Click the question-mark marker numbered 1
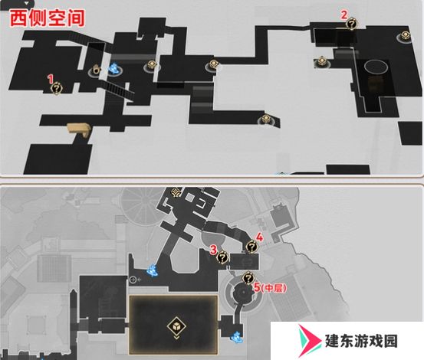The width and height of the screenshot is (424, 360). [x=57, y=88]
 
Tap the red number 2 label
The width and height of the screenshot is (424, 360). [x=343, y=15]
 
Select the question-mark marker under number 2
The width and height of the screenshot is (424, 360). [x=351, y=24]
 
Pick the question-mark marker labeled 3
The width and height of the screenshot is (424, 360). [x=223, y=257]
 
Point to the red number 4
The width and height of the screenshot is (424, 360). [x=259, y=237]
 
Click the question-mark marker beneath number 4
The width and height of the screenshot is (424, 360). [x=251, y=247]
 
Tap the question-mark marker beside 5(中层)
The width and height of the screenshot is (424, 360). [x=248, y=278]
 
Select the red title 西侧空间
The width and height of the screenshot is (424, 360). [x=48, y=18]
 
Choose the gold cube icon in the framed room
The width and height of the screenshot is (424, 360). [x=176, y=326]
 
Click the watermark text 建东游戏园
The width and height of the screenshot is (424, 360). [x=361, y=341]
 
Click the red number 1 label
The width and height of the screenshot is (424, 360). [x=51, y=79]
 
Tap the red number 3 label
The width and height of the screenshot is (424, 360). [x=214, y=250]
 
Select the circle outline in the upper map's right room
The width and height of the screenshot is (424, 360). [x=376, y=66]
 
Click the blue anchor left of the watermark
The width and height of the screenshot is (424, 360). [x=237, y=337]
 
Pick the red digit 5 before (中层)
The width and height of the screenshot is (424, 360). [x=257, y=287]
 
